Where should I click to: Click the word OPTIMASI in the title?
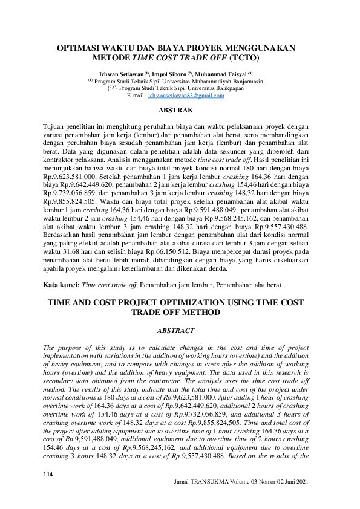(x=81, y=48)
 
